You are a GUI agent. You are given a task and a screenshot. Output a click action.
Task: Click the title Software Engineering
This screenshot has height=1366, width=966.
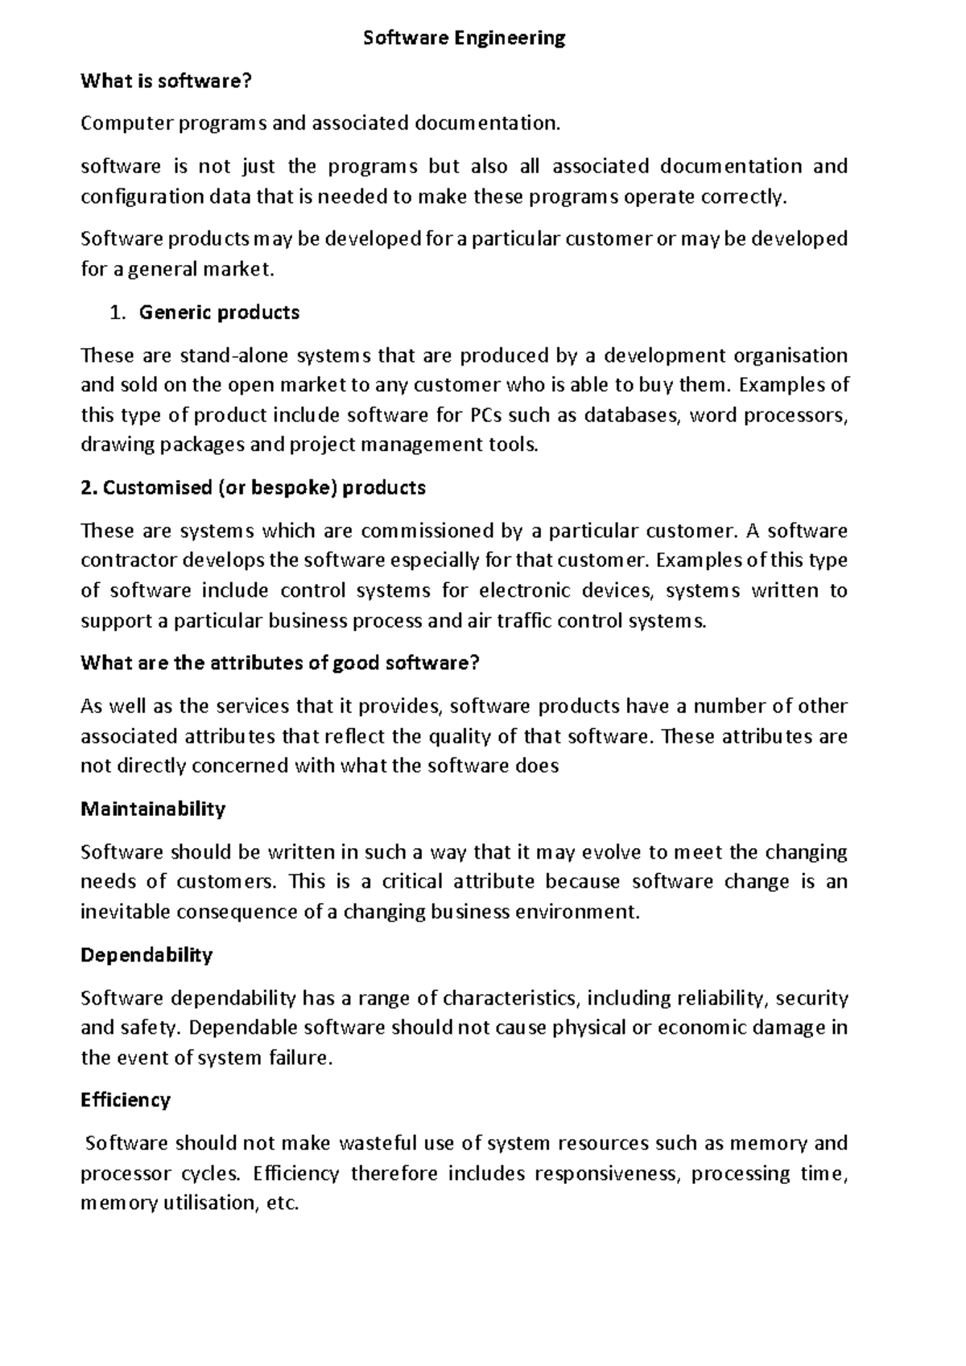pyautogui.click(x=464, y=38)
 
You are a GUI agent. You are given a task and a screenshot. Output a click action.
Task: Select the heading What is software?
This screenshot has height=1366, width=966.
pyautogui.click(x=167, y=81)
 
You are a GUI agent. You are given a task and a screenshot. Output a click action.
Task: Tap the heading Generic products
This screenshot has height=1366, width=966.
pyautogui.click(x=219, y=313)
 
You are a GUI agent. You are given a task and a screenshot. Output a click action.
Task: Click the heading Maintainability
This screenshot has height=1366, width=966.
pyautogui.click(x=153, y=809)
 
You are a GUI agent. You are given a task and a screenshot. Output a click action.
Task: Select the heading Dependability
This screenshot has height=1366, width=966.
pyautogui.click(x=147, y=955)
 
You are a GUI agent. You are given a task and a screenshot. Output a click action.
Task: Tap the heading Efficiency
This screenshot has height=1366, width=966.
pyautogui.click(x=126, y=1100)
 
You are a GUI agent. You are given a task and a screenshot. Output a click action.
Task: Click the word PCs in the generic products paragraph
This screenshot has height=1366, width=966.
pyautogui.click(x=477, y=416)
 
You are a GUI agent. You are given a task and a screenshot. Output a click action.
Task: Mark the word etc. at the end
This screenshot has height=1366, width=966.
pyautogui.click(x=282, y=1204)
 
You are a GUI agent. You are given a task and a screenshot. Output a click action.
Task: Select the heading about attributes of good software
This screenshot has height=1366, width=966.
pyautogui.click(x=280, y=664)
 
